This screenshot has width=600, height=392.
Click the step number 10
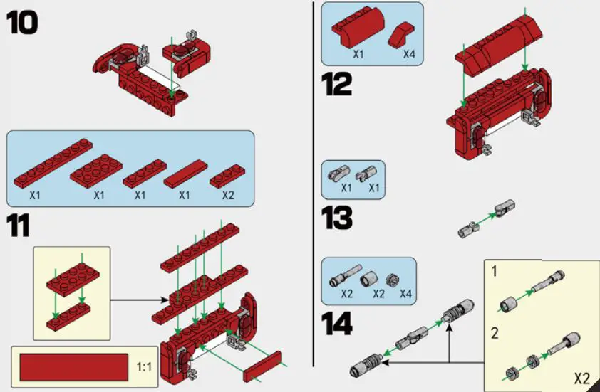click(x=22, y=22)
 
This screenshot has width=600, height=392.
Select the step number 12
click(x=336, y=84)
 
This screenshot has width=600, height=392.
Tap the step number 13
click(x=336, y=218)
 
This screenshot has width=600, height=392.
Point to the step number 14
click(x=337, y=324)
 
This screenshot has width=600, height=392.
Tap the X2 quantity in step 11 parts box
click(x=227, y=194)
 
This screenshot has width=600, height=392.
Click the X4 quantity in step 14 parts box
click(x=405, y=293)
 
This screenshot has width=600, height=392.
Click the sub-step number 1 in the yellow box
click(x=494, y=272)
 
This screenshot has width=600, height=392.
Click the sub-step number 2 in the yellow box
click(x=494, y=331)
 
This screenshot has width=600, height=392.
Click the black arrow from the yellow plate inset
click(x=135, y=300)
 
